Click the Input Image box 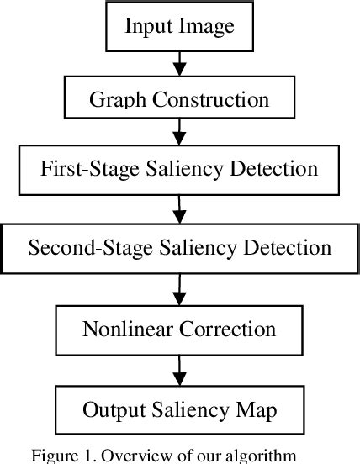click(x=179, y=25)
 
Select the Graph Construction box click(x=179, y=98)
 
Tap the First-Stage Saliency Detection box click(x=179, y=170)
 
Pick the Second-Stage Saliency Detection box click(x=179, y=247)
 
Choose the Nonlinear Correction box click(x=179, y=329)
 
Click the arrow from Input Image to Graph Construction click(x=179, y=62)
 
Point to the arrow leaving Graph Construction click(x=179, y=131)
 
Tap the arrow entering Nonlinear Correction click(x=179, y=289)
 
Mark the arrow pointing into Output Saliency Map click(x=179, y=370)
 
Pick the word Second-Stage click(x=77, y=248)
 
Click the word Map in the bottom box click(x=256, y=410)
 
